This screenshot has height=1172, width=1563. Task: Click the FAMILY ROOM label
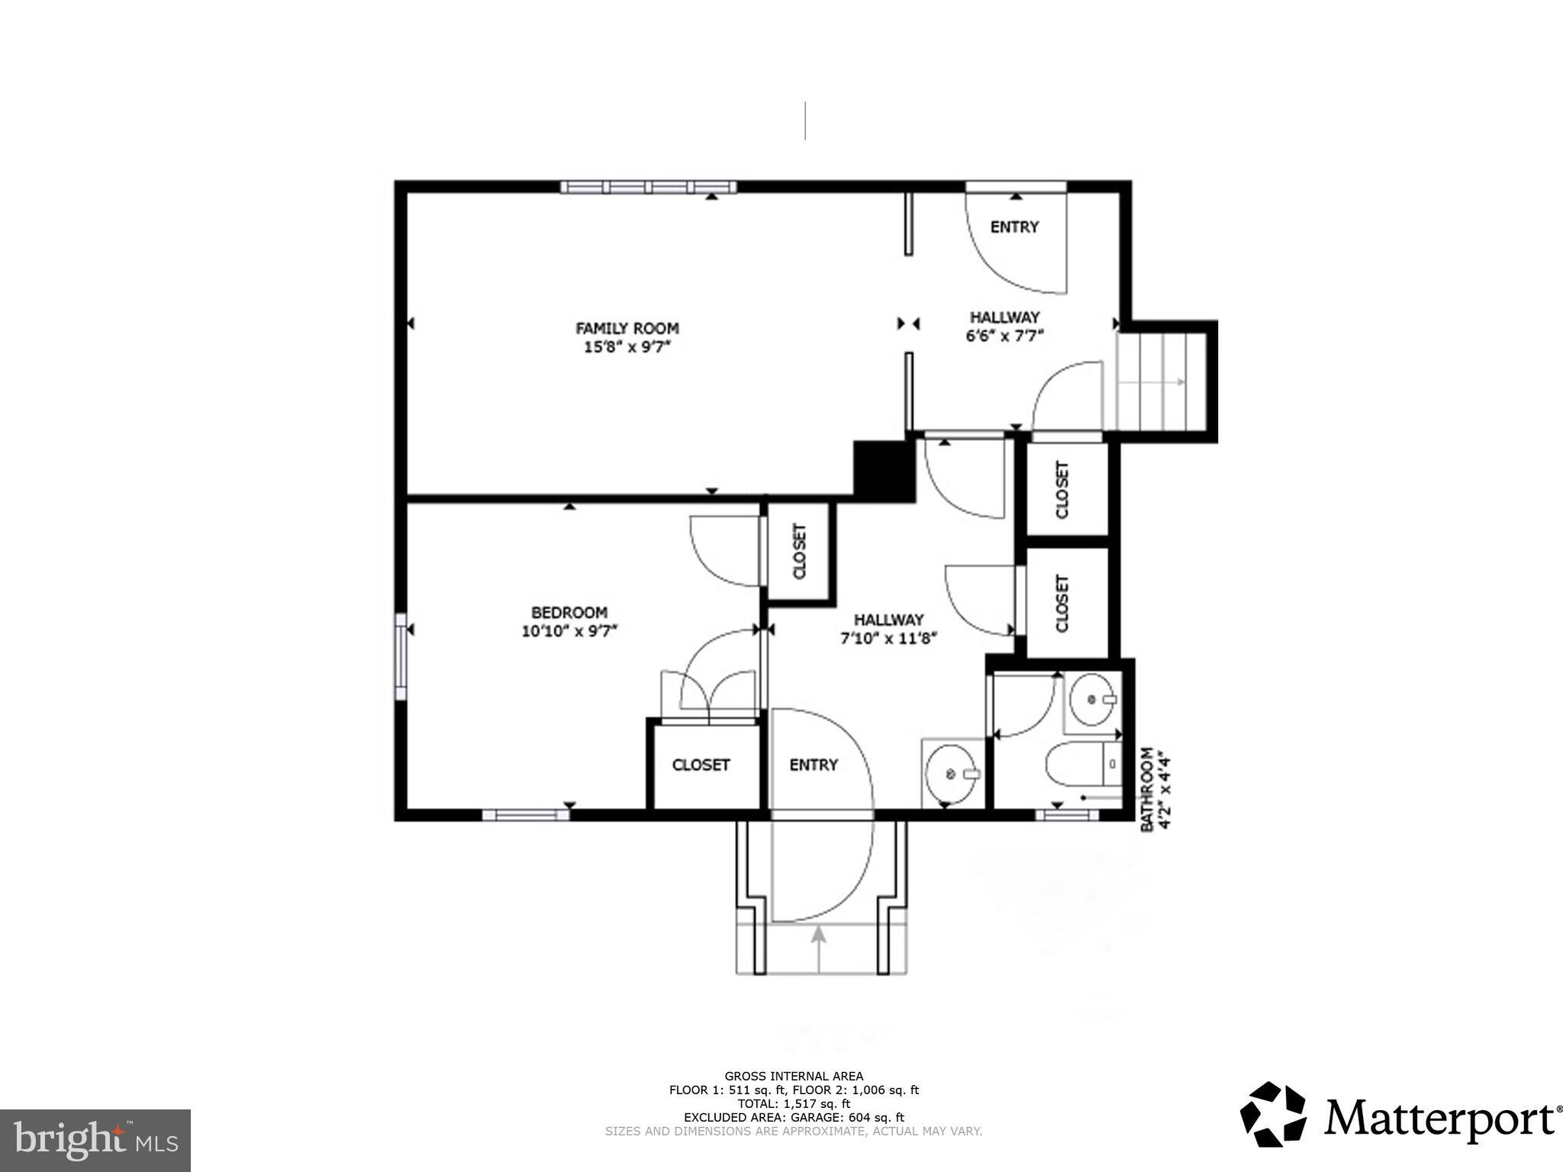[x=627, y=328]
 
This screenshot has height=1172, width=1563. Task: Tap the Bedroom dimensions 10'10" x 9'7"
[x=569, y=631]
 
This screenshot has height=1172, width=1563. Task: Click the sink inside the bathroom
[x=1093, y=699]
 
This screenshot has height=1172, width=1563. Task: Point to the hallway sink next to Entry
[x=952, y=774]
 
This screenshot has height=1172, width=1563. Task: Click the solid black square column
[x=884, y=472]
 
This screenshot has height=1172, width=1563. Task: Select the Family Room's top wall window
[x=648, y=187]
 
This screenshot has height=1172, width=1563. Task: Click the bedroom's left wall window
[x=400, y=656]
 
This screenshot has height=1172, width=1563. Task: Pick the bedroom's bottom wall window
[x=526, y=815]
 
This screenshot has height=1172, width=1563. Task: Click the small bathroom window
[x=1066, y=815]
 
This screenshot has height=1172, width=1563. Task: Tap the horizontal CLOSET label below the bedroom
[x=701, y=765]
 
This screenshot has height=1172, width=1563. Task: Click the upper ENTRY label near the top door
[x=1014, y=227]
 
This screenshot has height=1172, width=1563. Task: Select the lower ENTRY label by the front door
[x=814, y=765]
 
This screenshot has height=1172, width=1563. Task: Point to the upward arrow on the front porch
[x=819, y=948]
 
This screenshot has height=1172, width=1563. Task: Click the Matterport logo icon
[x=1273, y=1113]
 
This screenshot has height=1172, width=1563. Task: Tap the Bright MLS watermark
[x=95, y=1141]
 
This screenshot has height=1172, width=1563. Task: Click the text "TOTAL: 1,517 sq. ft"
[x=794, y=1103]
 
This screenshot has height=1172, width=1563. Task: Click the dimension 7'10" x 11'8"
[x=888, y=639]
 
